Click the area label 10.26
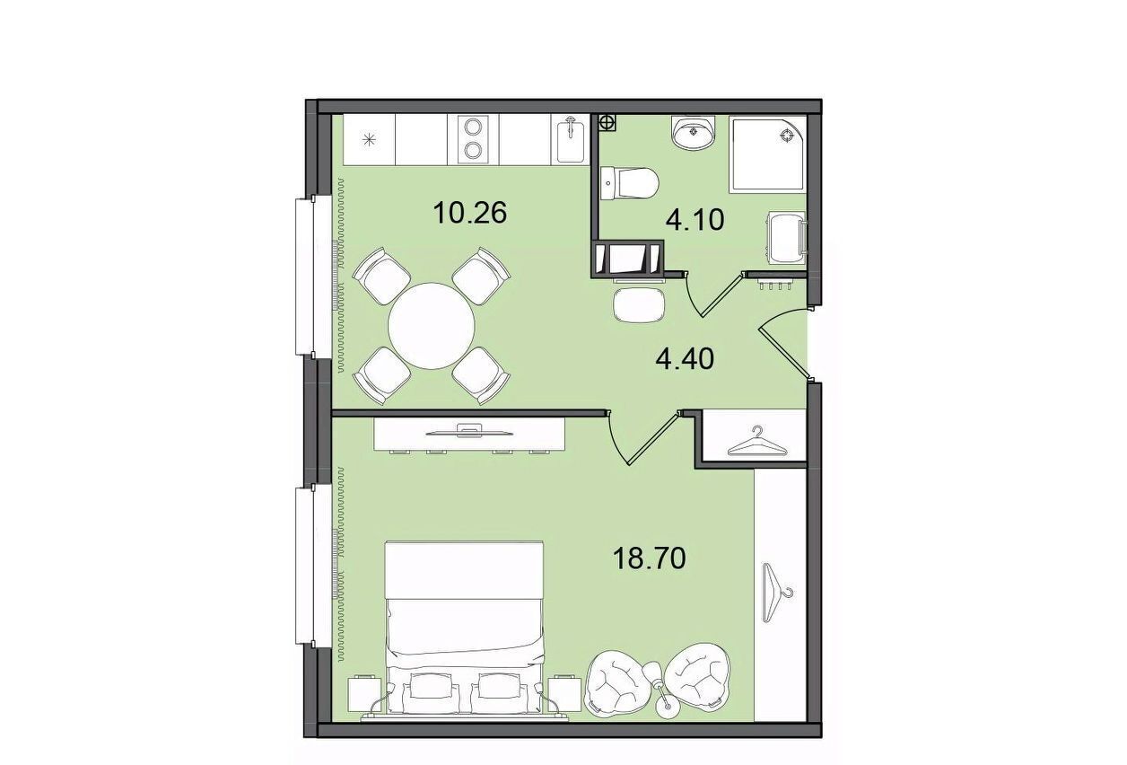click(469, 213)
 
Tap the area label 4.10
click(695, 220)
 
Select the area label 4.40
click(686, 359)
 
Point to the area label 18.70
click(649, 558)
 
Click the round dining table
click(432, 326)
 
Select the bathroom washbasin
click(694, 132)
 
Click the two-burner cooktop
click(473, 138)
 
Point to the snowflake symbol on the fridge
click(370, 139)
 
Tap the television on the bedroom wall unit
click(469, 431)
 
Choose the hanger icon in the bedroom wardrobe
click(778, 594)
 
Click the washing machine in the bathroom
click(786, 237)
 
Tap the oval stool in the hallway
click(640, 304)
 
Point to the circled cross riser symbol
click(607, 122)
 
